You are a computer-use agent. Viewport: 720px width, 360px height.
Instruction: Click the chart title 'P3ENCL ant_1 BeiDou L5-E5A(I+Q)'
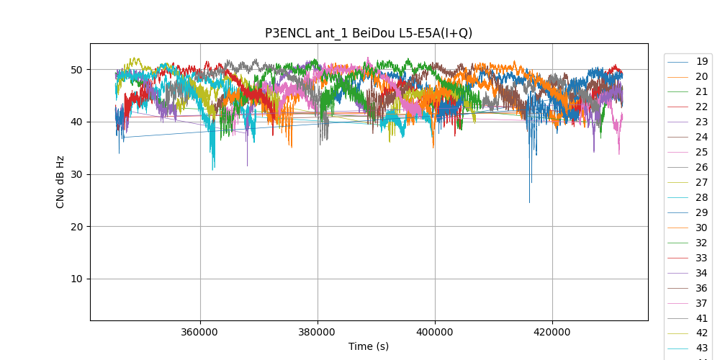[369, 33]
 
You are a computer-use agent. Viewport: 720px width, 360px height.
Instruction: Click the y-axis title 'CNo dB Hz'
[60, 182]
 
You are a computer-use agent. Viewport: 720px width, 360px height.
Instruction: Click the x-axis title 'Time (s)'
[369, 346]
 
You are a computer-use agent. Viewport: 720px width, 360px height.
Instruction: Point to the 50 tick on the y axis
[76, 70]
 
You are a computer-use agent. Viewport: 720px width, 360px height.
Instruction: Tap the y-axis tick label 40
[76, 122]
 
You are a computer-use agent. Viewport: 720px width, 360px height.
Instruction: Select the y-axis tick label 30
[76, 174]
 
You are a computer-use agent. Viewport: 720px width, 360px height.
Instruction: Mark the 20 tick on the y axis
[76, 227]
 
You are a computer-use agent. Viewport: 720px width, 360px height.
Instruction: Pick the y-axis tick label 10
[76, 279]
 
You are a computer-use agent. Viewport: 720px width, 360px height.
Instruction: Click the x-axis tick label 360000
[200, 332]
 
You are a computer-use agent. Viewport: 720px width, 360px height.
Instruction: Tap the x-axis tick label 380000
[318, 332]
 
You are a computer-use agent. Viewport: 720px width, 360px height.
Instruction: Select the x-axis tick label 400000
[435, 332]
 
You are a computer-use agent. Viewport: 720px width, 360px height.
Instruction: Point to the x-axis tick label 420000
[552, 332]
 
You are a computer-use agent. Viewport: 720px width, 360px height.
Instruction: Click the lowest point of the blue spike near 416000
[529, 202]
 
